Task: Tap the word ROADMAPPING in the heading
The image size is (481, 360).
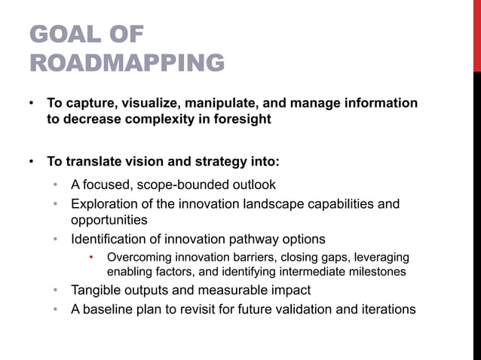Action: [x=127, y=63]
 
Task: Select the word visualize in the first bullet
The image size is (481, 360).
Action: [x=161, y=102]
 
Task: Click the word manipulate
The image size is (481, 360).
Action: [x=233, y=102]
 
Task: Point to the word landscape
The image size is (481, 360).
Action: [x=266, y=204]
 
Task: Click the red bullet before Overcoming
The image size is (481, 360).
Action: [x=92, y=258]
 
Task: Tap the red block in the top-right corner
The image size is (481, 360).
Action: [x=476, y=35]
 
